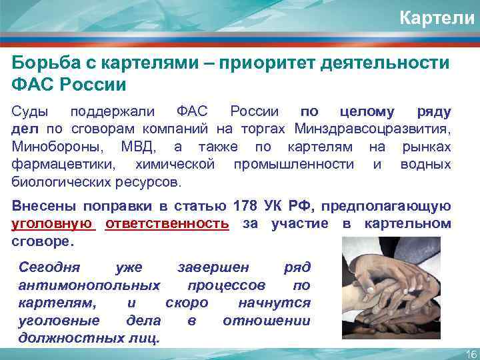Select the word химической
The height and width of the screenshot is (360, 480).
click(x=174, y=163)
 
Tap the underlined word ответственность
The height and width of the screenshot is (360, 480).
click(x=167, y=224)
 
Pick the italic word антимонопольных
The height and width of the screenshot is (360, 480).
click(x=89, y=285)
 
